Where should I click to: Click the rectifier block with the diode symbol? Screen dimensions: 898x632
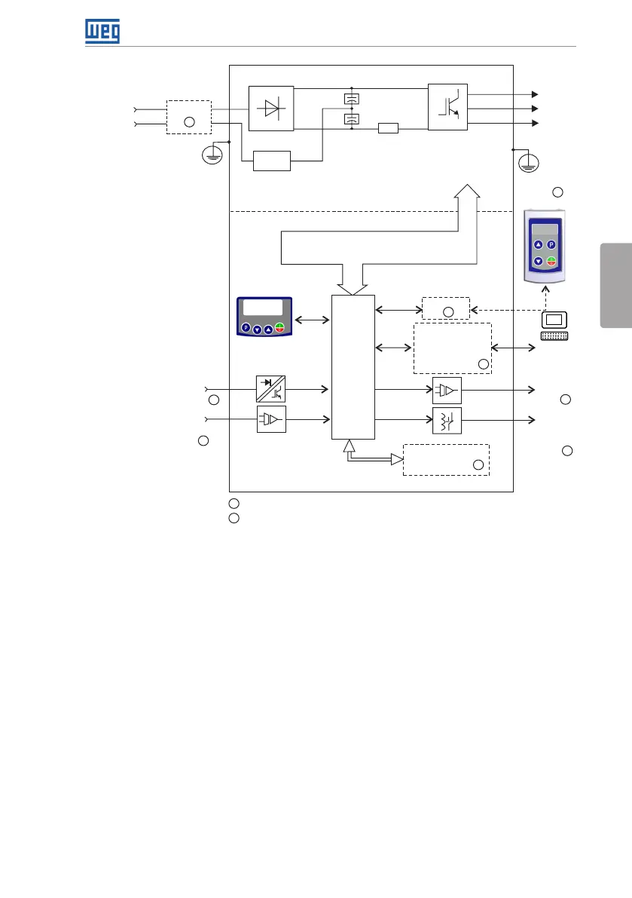pos(271,109)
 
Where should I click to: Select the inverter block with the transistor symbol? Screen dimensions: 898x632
pos(447,109)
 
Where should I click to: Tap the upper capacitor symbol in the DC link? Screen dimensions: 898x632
pos(351,99)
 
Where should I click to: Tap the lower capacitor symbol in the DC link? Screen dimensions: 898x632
pos(351,119)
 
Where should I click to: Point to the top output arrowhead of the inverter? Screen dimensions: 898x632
pos(535,94)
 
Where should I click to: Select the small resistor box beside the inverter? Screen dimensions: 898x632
pos(388,129)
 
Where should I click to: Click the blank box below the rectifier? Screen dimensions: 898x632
pos(272,161)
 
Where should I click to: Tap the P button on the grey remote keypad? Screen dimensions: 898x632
pos(551,245)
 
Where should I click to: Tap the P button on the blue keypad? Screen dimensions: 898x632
pos(246,329)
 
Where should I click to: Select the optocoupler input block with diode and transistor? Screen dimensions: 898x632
pos(271,389)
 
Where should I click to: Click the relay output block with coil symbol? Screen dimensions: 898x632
pos(447,419)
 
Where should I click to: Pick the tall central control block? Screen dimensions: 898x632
pos(353,366)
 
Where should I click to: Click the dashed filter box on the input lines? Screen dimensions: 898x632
pos(189,117)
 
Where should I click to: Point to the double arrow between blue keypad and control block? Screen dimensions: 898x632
pos(313,320)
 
